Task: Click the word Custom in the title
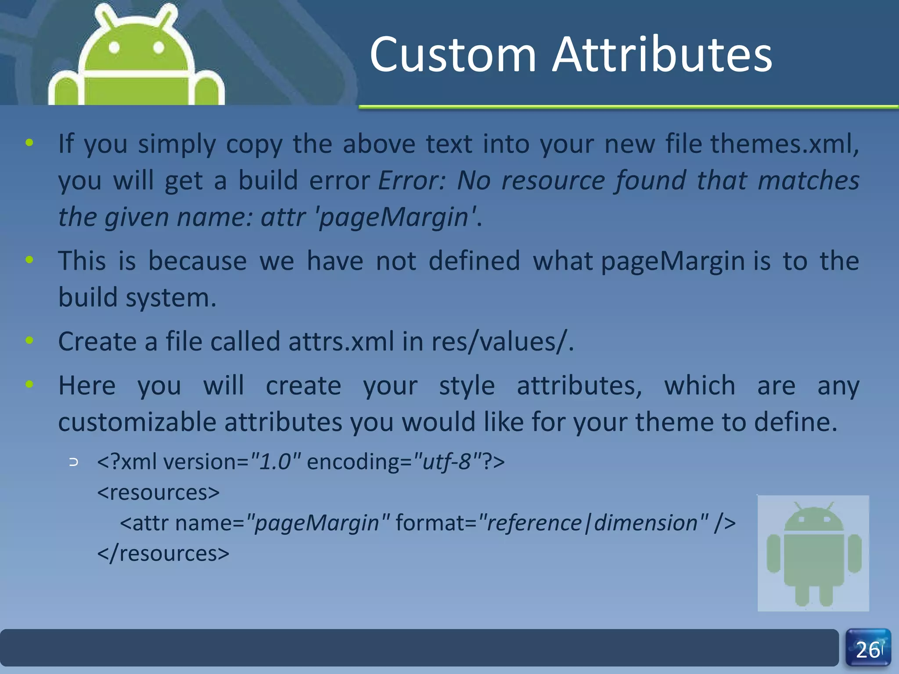(x=453, y=55)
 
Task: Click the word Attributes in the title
(x=662, y=55)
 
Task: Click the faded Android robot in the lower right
(x=813, y=553)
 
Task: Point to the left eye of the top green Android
(x=114, y=47)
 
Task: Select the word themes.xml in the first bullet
(x=781, y=143)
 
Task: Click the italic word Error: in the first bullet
(x=412, y=180)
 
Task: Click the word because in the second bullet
(x=198, y=261)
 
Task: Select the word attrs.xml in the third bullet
(x=341, y=342)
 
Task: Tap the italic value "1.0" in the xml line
(x=275, y=462)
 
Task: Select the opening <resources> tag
(x=158, y=492)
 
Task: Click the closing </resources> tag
(x=163, y=553)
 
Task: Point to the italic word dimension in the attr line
(x=645, y=523)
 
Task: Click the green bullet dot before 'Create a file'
(x=29, y=340)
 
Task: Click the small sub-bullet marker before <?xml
(x=74, y=462)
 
